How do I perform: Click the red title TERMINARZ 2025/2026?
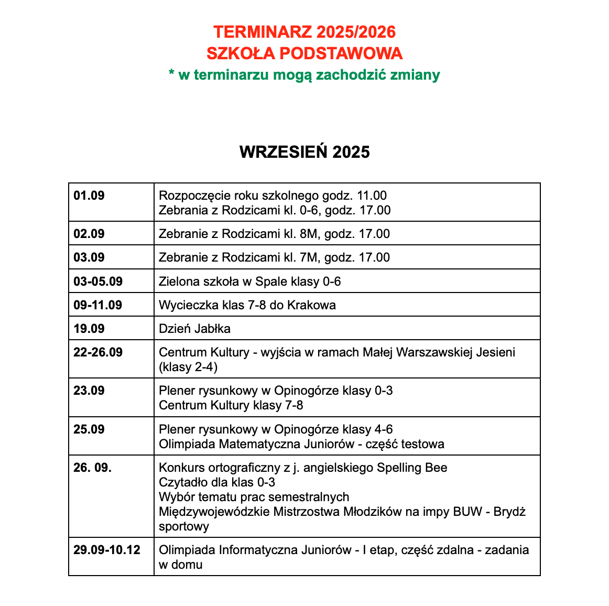pos(304,32)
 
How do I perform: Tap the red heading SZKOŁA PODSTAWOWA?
pos(304,53)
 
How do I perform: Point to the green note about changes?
pos(304,75)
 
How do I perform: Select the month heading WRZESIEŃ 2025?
pos(304,152)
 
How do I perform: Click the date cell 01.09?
pos(89,196)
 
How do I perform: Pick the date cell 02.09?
pos(89,234)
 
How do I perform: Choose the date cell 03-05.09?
pos(98,282)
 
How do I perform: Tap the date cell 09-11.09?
pos(98,305)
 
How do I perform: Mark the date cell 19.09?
pos(89,329)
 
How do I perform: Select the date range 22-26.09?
pos(98,352)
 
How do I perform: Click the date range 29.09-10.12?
pos(107,550)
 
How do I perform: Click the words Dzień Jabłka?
pos(194,329)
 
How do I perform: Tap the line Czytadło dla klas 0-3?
pos(217,482)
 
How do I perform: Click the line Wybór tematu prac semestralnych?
pos(254,497)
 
